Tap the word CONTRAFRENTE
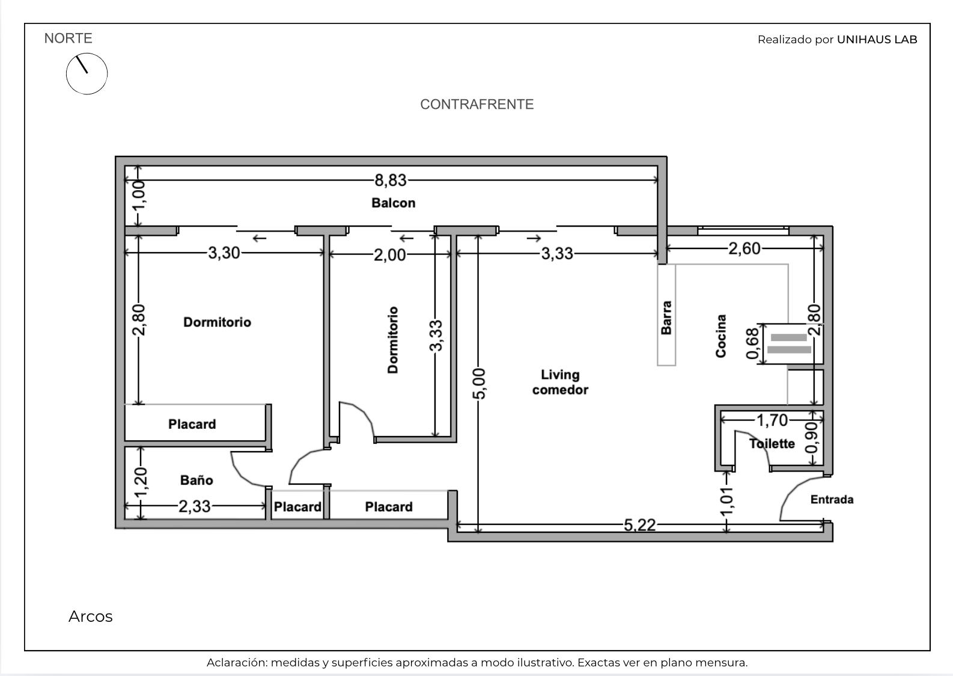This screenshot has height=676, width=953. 477,105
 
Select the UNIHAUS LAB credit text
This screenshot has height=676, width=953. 877,40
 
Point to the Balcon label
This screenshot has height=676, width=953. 394,203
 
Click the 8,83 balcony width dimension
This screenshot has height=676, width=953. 391,180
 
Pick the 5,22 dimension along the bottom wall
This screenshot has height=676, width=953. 640,525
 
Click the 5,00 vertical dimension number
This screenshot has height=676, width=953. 479,384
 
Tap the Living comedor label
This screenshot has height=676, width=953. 560,382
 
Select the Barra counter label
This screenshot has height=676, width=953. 666,318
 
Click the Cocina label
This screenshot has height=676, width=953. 720,336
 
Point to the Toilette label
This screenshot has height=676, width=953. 772,444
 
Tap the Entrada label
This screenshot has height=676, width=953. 832,499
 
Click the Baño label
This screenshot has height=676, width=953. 196,480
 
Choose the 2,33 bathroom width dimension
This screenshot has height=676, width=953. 195,506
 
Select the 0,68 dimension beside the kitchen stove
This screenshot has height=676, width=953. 752,343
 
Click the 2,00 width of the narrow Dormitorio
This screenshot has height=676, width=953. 390,255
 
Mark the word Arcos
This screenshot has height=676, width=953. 91,616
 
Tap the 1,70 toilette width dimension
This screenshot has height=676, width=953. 772,420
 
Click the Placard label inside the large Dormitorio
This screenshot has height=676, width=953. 192,424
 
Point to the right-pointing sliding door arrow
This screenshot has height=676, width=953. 534,238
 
